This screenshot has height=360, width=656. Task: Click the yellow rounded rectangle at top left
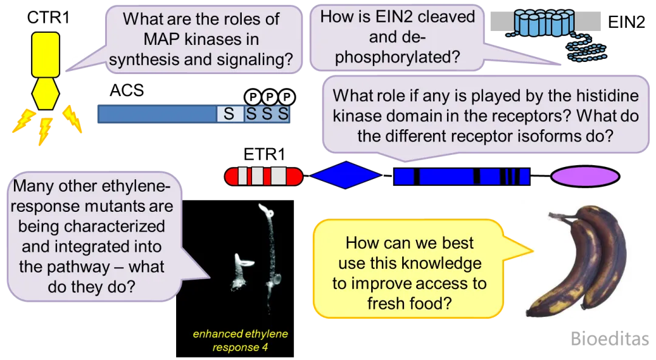[46, 55]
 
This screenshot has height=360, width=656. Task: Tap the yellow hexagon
[46, 94]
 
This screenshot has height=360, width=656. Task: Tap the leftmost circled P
[252, 97]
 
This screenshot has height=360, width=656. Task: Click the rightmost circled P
[285, 97]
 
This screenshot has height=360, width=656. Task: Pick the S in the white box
[229, 114]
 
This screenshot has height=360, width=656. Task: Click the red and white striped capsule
[263, 176]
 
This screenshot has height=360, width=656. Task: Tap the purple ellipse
[585, 176]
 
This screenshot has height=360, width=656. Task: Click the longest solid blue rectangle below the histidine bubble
[446, 177]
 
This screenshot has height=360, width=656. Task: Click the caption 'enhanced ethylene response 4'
[240, 341]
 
